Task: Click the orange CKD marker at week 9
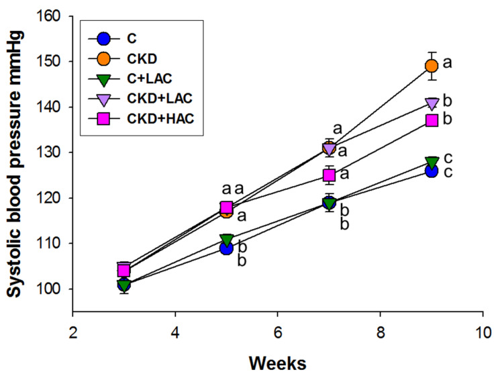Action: (x=432, y=66)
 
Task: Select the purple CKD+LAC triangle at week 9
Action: (x=432, y=103)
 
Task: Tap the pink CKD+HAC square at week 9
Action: (x=432, y=120)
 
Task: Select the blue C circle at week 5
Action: (x=227, y=248)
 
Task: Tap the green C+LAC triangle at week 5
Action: (x=227, y=240)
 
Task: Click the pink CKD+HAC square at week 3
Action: (x=124, y=271)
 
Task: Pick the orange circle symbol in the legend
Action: (x=101, y=58)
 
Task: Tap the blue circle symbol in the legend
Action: (x=101, y=37)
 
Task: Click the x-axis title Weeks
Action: (x=278, y=363)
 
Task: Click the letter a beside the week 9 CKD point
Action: (x=448, y=64)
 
